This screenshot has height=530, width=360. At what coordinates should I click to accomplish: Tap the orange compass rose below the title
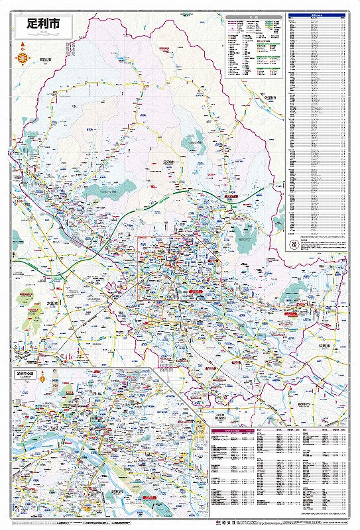tap(23, 58)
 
